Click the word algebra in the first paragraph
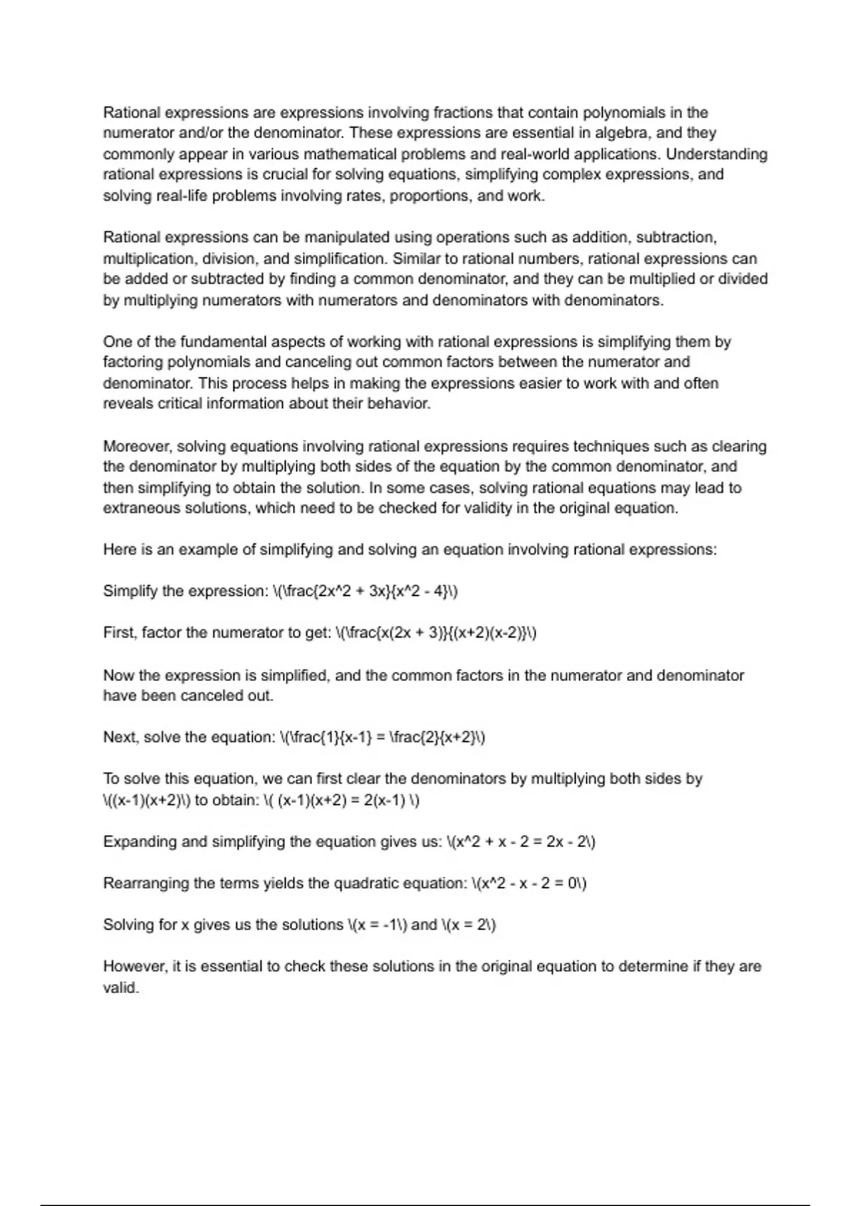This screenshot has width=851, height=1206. tap(623, 133)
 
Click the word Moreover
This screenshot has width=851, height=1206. tap(137, 446)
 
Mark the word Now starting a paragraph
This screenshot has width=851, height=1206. tap(118, 675)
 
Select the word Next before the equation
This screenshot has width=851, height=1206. tap(121, 737)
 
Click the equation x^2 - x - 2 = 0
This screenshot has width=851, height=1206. tap(529, 883)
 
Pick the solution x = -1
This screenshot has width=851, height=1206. tap(377, 925)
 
